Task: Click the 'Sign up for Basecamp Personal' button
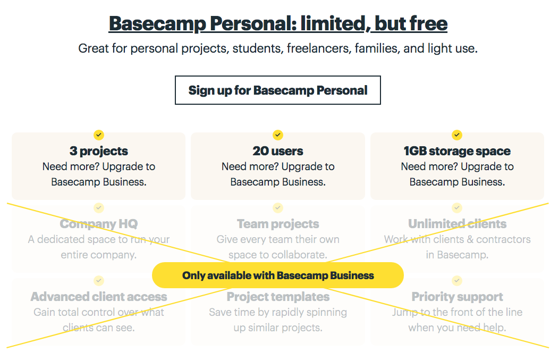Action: pyautogui.click(x=277, y=90)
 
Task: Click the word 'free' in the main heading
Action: pyautogui.click(x=428, y=23)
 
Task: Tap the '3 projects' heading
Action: pyautogui.click(x=99, y=151)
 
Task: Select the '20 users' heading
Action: pyautogui.click(x=278, y=151)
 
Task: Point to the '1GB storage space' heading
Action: pyautogui.click(x=457, y=151)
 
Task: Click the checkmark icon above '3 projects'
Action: pyautogui.click(x=99, y=135)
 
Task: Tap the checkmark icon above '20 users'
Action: pyautogui.click(x=278, y=135)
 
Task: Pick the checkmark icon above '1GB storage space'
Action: pyautogui.click(x=457, y=135)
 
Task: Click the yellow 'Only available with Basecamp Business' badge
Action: pyautogui.click(x=278, y=275)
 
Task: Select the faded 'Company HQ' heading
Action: pyautogui.click(x=99, y=224)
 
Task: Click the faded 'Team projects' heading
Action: pyautogui.click(x=278, y=224)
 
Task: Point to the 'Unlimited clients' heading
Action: pyautogui.click(x=457, y=224)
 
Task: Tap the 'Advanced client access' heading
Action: pyautogui.click(x=99, y=297)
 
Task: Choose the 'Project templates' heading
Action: pyautogui.click(x=278, y=297)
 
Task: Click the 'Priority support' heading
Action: pyautogui.click(x=457, y=297)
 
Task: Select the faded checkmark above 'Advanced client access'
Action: pyautogui.click(x=99, y=280)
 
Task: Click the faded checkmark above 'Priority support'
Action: pyautogui.click(x=457, y=280)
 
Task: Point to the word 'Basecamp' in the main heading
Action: pyautogui.click(x=157, y=23)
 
